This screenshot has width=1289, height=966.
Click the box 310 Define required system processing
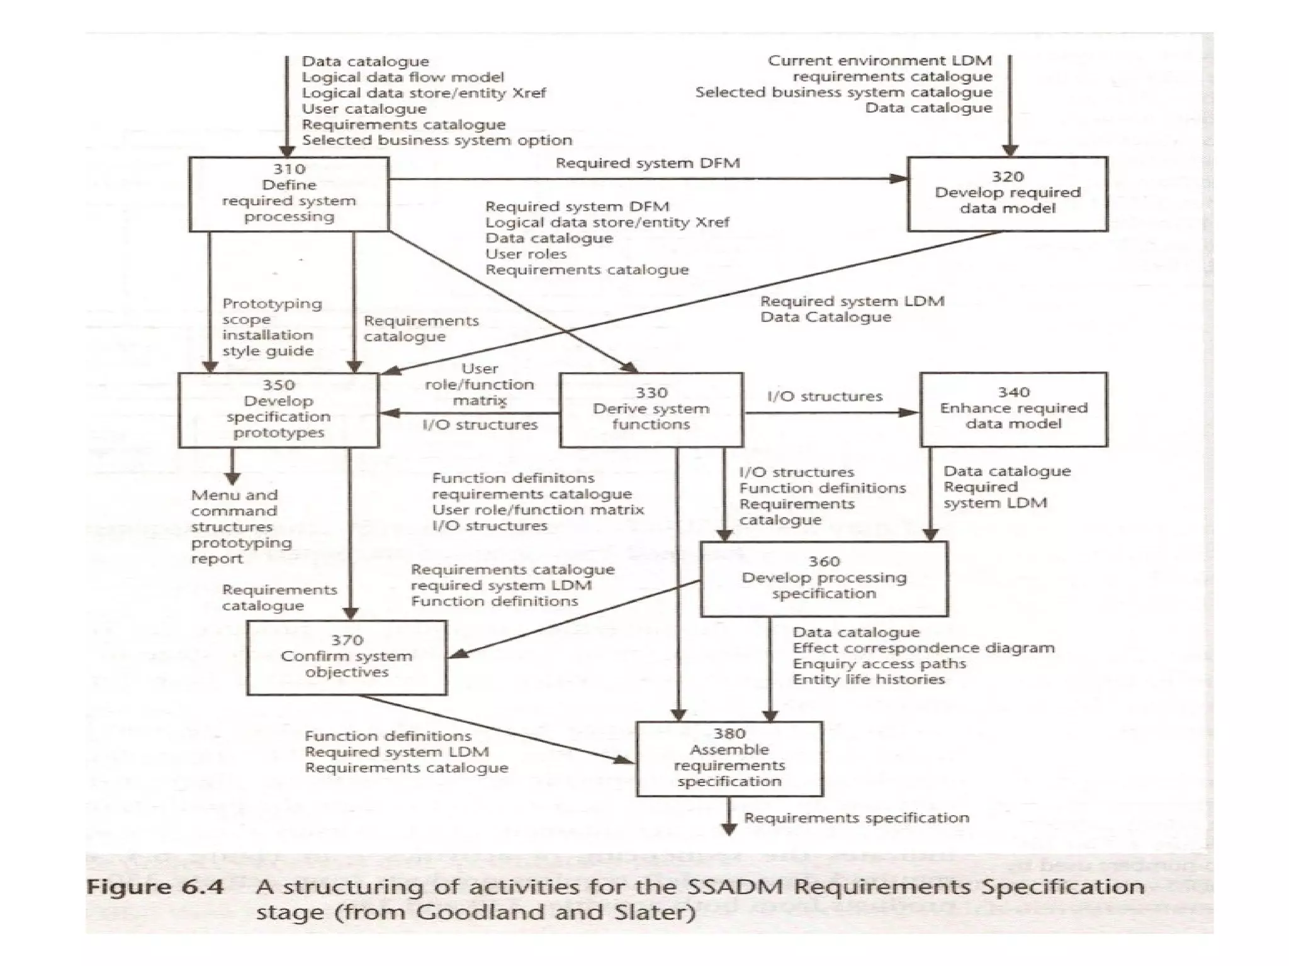point(289,194)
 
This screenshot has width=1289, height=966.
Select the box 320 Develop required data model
point(1007,194)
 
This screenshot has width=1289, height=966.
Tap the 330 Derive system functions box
point(651,409)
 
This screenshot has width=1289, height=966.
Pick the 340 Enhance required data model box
point(1013,409)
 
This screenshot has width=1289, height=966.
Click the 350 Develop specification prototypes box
point(278,409)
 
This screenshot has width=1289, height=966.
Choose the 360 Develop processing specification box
point(824,579)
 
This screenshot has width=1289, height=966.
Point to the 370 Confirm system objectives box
point(346,657)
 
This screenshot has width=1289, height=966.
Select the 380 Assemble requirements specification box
point(729,758)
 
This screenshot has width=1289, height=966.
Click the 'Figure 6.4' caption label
point(155,887)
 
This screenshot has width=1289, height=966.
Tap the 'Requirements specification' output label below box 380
point(856,818)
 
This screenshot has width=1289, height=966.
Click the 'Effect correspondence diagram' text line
point(923,648)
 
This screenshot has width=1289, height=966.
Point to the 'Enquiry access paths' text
point(879,663)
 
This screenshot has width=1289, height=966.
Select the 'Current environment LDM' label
point(879,60)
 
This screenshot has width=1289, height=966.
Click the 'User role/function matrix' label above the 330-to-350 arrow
point(480,384)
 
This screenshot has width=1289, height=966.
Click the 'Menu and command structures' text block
point(234,511)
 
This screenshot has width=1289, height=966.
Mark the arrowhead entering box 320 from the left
point(899,179)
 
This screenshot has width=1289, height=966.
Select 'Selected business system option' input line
point(437,140)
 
